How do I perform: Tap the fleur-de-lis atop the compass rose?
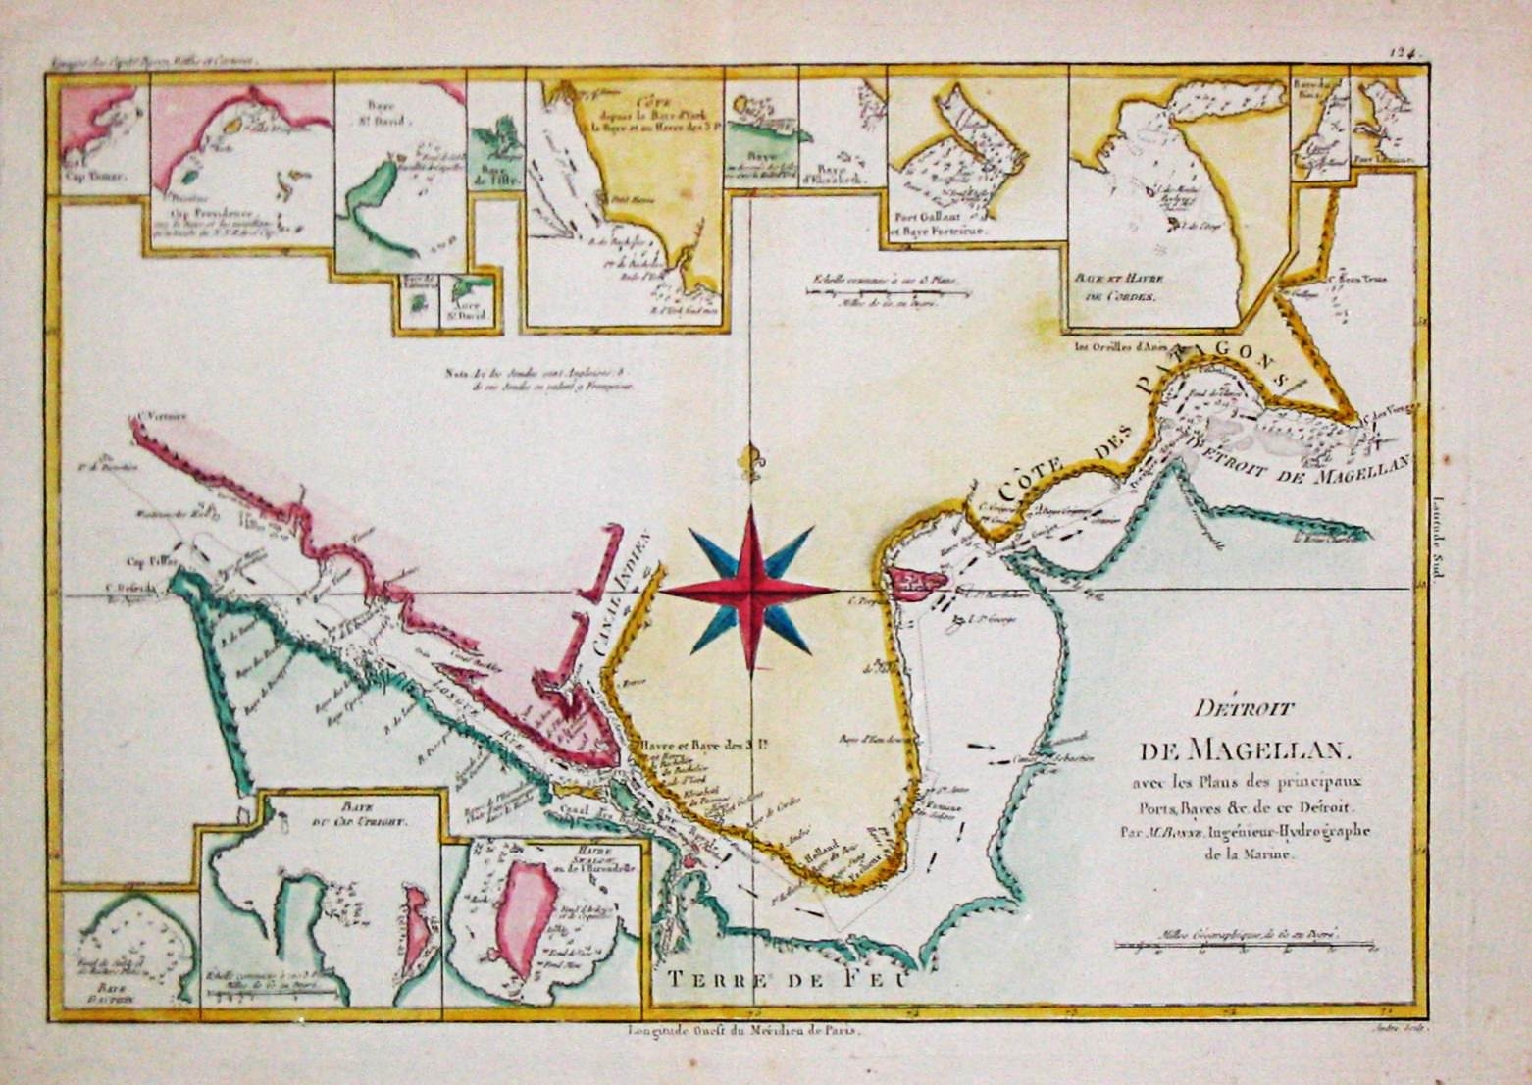pos(752,462)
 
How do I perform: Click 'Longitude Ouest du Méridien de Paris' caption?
pos(748,1032)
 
